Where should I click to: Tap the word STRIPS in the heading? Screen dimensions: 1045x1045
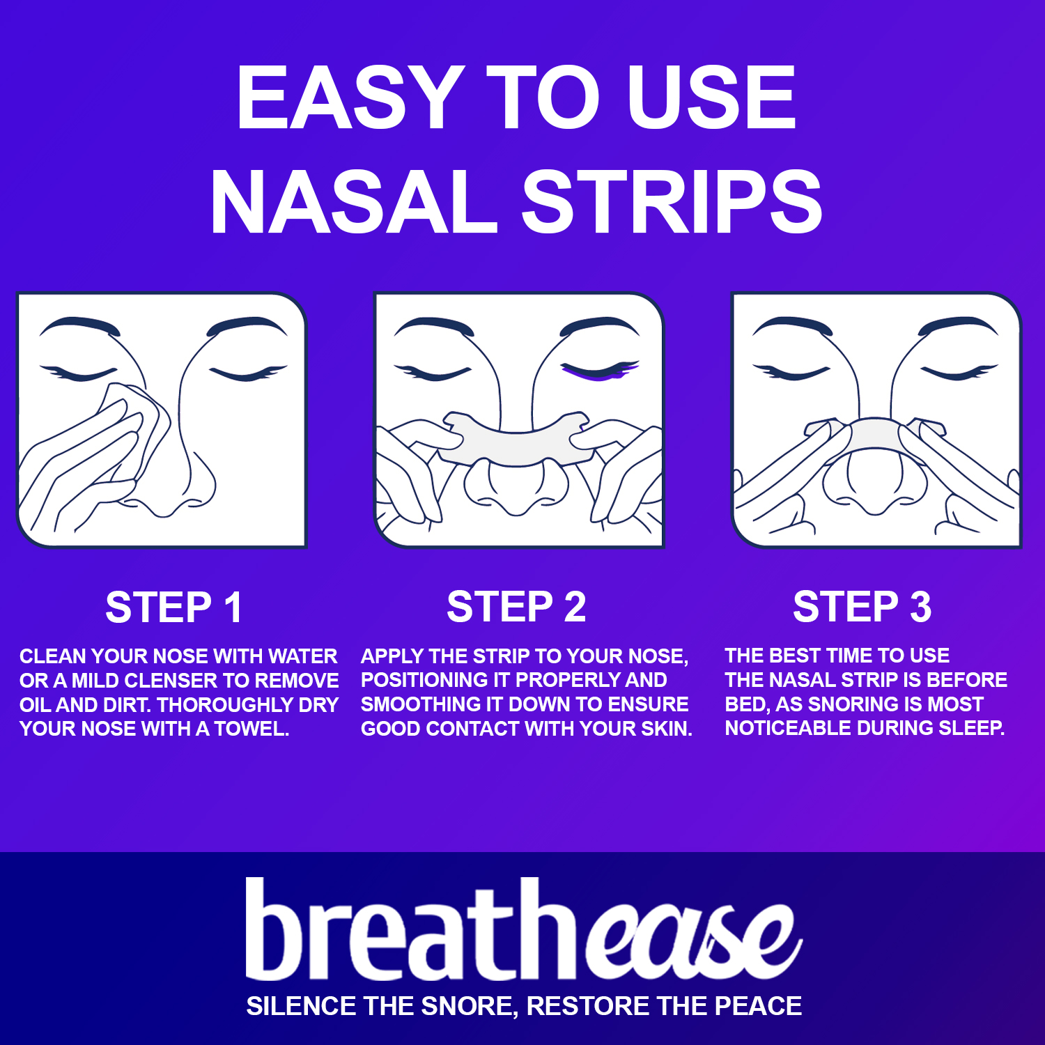(x=672, y=201)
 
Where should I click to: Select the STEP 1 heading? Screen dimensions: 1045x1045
(x=174, y=607)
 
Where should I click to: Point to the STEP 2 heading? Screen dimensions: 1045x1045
(x=516, y=606)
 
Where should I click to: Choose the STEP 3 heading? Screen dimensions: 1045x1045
(x=862, y=606)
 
